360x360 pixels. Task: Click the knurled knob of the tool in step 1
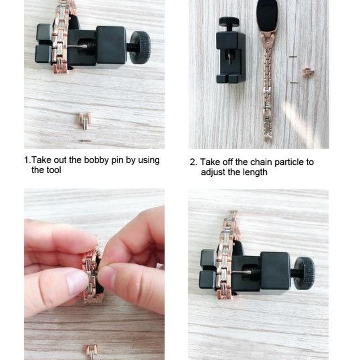(140, 47)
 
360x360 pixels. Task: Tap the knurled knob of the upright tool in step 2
(229, 22)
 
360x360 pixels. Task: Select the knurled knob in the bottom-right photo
(305, 273)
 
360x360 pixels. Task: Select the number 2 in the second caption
(193, 162)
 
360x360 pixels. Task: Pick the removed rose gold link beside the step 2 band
(308, 72)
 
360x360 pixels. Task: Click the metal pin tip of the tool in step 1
(80, 47)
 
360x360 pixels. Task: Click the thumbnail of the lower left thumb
(76, 283)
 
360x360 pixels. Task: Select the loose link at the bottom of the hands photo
(92, 352)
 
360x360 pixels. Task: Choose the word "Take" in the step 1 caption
(42, 160)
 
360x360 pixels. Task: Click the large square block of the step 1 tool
(111, 45)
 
